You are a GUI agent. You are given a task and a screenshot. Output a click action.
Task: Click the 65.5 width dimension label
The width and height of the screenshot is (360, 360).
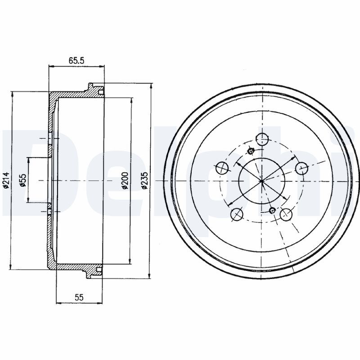[x=77, y=59]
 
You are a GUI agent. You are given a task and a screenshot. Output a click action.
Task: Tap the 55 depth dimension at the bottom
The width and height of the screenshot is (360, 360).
[x=79, y=297]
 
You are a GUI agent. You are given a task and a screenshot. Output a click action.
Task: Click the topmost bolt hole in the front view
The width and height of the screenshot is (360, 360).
[x=261, y=138]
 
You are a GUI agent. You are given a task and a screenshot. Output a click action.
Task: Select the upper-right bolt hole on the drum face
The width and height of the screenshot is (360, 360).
[x=301, y=168]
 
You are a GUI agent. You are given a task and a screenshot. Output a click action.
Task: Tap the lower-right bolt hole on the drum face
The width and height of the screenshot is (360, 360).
[x=286, y=215]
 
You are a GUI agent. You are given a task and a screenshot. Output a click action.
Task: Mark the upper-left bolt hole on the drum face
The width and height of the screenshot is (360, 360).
[x=221, y=168]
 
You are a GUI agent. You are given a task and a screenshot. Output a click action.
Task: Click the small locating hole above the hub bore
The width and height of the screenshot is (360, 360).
[x=251, y=151]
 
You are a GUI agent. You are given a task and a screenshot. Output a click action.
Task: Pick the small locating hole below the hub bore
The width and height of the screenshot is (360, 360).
[x=271, y=210]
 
